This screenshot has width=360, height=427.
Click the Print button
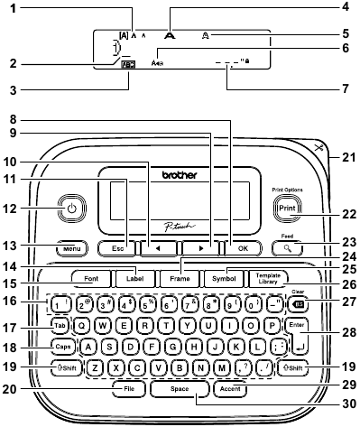coord(285,205)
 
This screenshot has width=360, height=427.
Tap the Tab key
coord(60,325)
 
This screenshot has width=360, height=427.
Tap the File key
coord(129,389)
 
